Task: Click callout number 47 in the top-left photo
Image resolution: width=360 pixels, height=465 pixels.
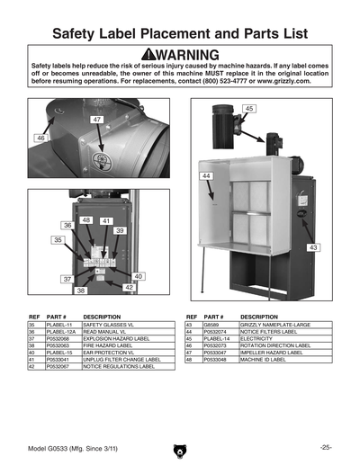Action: click(96, 120)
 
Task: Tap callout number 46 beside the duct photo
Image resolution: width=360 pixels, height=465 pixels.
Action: click(40, 139)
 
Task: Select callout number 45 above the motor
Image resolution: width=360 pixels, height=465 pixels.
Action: click(248, 109)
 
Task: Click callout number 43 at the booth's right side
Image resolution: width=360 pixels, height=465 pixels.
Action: click(312, 246)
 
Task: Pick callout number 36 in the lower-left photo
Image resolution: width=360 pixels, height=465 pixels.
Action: click(67, 225)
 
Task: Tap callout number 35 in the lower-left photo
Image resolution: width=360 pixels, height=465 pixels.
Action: click(57, 241)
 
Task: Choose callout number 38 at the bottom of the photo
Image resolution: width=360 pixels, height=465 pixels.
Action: click(80, 291)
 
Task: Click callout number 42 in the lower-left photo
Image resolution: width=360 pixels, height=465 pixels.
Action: click(130, 287)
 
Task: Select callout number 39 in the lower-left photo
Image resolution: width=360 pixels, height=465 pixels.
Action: click(119, 231)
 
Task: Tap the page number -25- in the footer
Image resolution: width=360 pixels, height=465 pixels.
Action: click(325, 447)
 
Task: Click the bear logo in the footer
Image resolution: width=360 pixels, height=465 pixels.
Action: click(179, 450)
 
